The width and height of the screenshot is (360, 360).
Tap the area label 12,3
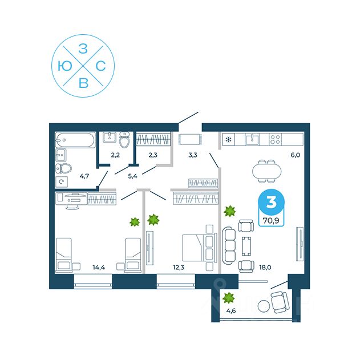pos(179,266)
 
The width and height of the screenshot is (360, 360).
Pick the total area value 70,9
pos(270,217)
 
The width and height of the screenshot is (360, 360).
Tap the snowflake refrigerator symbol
pos(229,139)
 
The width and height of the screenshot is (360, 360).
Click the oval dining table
pos(268,169)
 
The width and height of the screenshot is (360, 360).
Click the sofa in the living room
pos(229,244)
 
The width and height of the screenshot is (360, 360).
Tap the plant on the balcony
pos(229,297)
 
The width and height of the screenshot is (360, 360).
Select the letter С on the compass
pos(100,67)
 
